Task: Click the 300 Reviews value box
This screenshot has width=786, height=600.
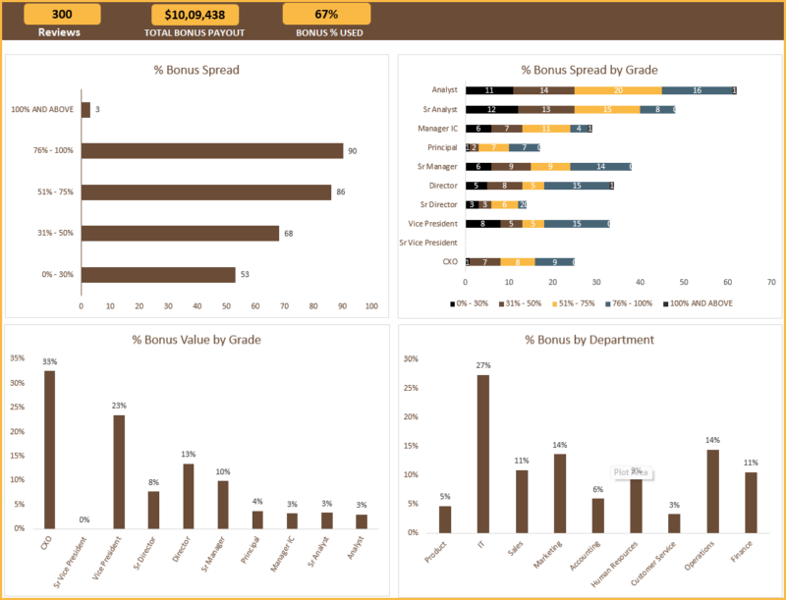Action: (x=62, y=14)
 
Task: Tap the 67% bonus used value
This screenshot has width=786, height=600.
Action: (x=326, y=14)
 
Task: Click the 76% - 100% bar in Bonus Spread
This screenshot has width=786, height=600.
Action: (x=211, y=150)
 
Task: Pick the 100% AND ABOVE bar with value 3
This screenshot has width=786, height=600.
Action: (x=85, y=110)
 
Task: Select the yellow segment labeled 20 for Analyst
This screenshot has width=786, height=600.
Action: (x=618, y=90)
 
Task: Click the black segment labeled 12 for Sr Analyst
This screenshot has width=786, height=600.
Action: (x=490, y=109)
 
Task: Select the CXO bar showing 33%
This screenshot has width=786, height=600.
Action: (x=49, y=449)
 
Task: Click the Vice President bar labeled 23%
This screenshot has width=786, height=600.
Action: (x=119, y=471)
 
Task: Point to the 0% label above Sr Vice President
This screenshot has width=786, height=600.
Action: (x=84, y=519)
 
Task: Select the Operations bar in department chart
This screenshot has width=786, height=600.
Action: (x=712, y=488)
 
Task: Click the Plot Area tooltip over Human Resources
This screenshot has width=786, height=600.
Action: (x=628, y=472)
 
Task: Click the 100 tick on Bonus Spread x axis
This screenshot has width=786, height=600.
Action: (x=371, y=306)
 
